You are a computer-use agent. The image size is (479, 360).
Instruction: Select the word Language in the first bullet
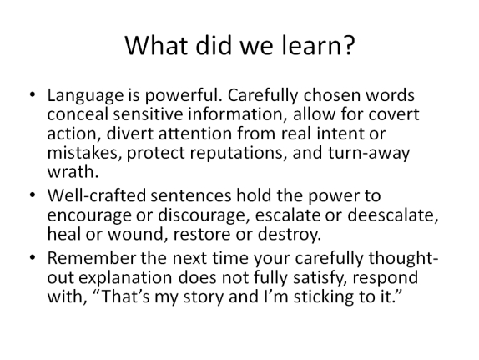85,96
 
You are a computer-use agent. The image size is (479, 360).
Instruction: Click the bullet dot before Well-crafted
33,195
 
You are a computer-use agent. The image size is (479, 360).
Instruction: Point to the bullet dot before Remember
33,257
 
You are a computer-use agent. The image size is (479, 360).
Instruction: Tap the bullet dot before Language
33,94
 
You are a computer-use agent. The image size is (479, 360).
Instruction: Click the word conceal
78,114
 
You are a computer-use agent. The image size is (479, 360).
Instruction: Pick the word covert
394,114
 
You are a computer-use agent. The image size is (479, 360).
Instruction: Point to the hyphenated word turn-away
369,154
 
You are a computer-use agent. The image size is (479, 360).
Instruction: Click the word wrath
73,171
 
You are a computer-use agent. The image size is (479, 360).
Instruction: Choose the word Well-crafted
97,195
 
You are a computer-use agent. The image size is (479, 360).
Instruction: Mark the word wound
138,234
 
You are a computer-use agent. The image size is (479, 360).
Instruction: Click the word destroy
290,236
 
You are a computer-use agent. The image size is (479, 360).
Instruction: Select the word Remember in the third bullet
92,258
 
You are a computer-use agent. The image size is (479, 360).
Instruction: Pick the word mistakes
83,154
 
